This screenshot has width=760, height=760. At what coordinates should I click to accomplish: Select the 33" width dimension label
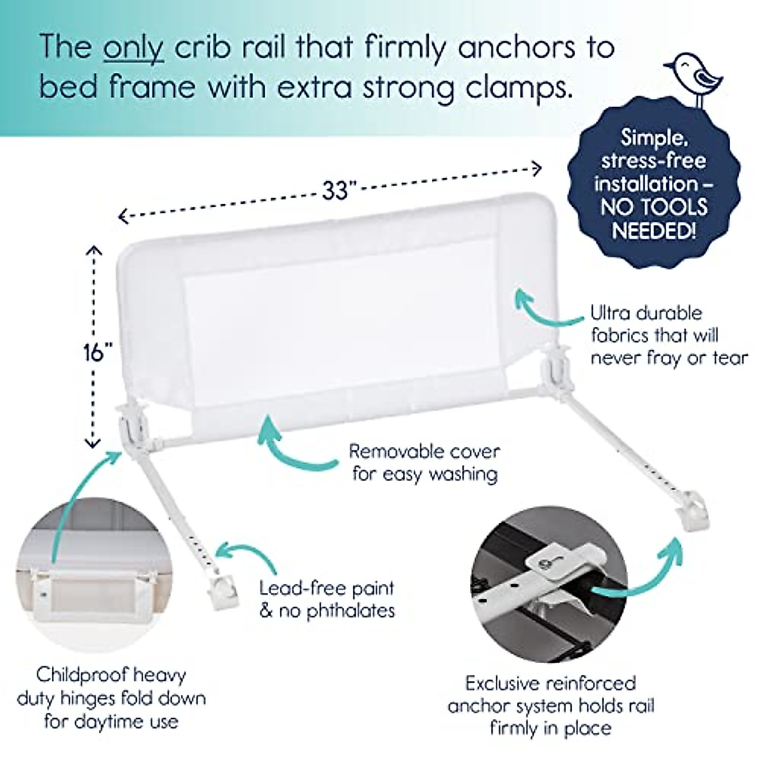click(x=335, y=191)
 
